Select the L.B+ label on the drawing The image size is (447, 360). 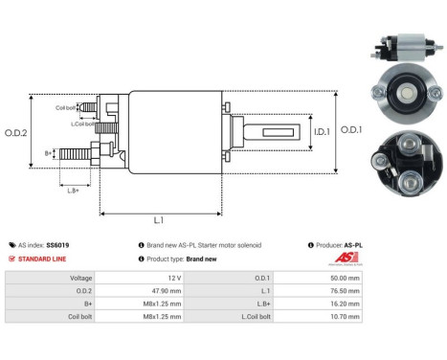click(x=74, y=191)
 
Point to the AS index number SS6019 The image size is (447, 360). click(x=57, y=245)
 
